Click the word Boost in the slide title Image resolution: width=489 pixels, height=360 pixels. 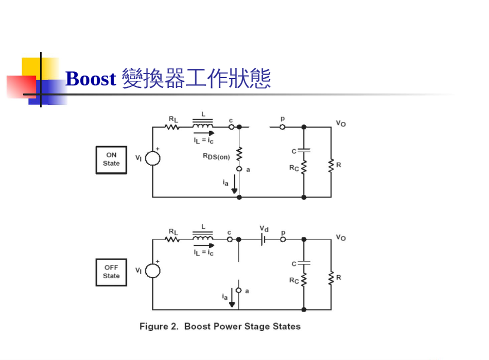coord(91,79)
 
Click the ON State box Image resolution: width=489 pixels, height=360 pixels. coord(111,159)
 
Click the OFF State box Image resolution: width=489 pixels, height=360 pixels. coord(111,272)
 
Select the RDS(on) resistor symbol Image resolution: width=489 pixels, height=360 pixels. coord(239,154)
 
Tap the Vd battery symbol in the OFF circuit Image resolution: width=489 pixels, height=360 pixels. coord(264,239)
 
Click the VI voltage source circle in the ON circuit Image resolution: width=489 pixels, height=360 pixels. coord(152,158)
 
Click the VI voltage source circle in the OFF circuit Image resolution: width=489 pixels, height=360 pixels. coord(152,271)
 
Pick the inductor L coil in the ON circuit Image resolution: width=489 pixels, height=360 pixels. coord(203,125)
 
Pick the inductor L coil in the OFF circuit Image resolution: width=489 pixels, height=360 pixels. coord(203,238)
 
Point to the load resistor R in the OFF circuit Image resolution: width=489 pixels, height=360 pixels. coord(331,278)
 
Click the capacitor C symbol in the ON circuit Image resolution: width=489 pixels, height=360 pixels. coord(304,151)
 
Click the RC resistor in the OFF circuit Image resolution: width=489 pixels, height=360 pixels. coord(304,280)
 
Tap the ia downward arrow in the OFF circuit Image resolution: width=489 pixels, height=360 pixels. coord(232,298)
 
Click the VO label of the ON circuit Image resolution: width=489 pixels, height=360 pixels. coord(341,123)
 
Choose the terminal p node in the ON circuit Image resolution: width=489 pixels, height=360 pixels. coord(282,127)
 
